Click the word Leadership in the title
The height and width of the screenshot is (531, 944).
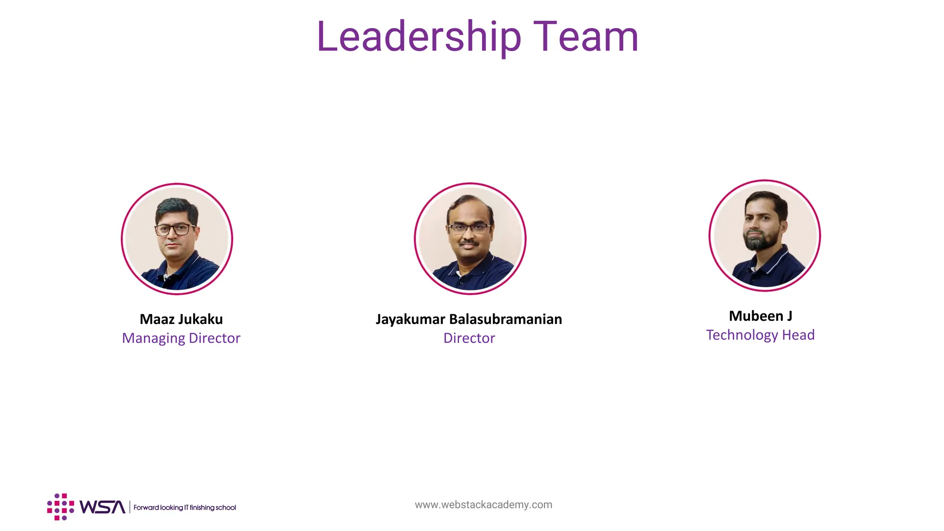click(419, 37)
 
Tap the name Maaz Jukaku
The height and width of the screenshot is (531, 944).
click(181, 319)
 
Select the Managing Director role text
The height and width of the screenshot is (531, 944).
click(181, 338)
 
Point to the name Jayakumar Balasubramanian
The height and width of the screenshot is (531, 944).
click(469, 319)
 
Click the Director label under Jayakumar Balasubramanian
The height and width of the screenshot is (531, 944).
click(469, 338)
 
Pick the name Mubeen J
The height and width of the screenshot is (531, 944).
click(761, 316)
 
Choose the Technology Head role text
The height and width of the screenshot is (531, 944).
click(760, 335)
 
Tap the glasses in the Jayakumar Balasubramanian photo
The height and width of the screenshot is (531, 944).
click(469, 228)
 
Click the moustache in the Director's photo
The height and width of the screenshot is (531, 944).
click(469, 242)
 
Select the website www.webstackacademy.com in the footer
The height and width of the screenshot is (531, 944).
click(483, 505)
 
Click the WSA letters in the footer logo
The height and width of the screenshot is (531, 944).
click(102, 507)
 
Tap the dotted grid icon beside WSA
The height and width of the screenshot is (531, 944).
click(60, 507)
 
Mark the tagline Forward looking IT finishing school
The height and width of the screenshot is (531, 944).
click(184, 507)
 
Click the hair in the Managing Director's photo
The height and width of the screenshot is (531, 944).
click(177, 207)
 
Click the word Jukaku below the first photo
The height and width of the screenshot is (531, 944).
click(201, 319)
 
